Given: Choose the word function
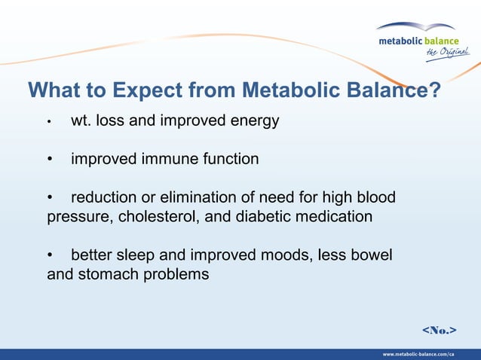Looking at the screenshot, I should pos(229,159).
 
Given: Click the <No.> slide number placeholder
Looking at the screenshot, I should pos(440,330).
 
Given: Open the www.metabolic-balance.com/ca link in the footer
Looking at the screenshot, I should pos(418,354).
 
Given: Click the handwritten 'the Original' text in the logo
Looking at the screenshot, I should pos(447,51).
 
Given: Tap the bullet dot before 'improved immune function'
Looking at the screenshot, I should pos(51,160).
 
